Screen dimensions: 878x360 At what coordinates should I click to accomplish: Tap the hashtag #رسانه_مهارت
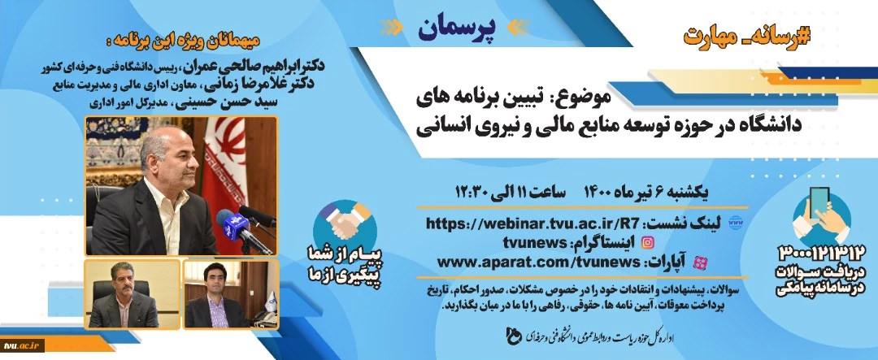click(748, 35)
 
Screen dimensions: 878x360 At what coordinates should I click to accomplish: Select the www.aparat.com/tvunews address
click(538, 262)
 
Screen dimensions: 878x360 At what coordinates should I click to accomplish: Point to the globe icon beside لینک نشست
click(734, 224)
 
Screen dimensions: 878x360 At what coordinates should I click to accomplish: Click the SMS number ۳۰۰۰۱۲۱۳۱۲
click(821, 253)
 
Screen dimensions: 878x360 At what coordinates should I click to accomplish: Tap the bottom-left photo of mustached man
click(132, 294)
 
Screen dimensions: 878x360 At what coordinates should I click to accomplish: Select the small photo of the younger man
click(230, 294)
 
